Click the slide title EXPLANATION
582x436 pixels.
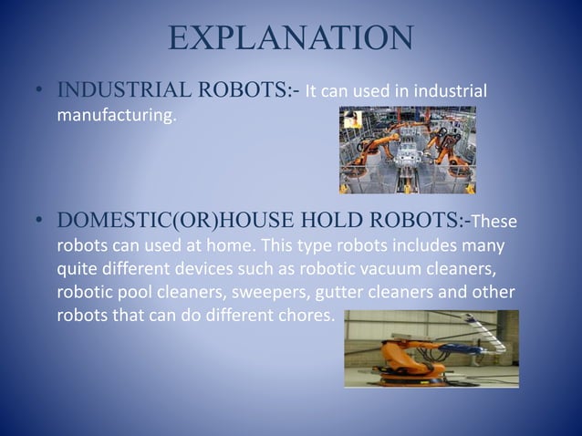point(291,39)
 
